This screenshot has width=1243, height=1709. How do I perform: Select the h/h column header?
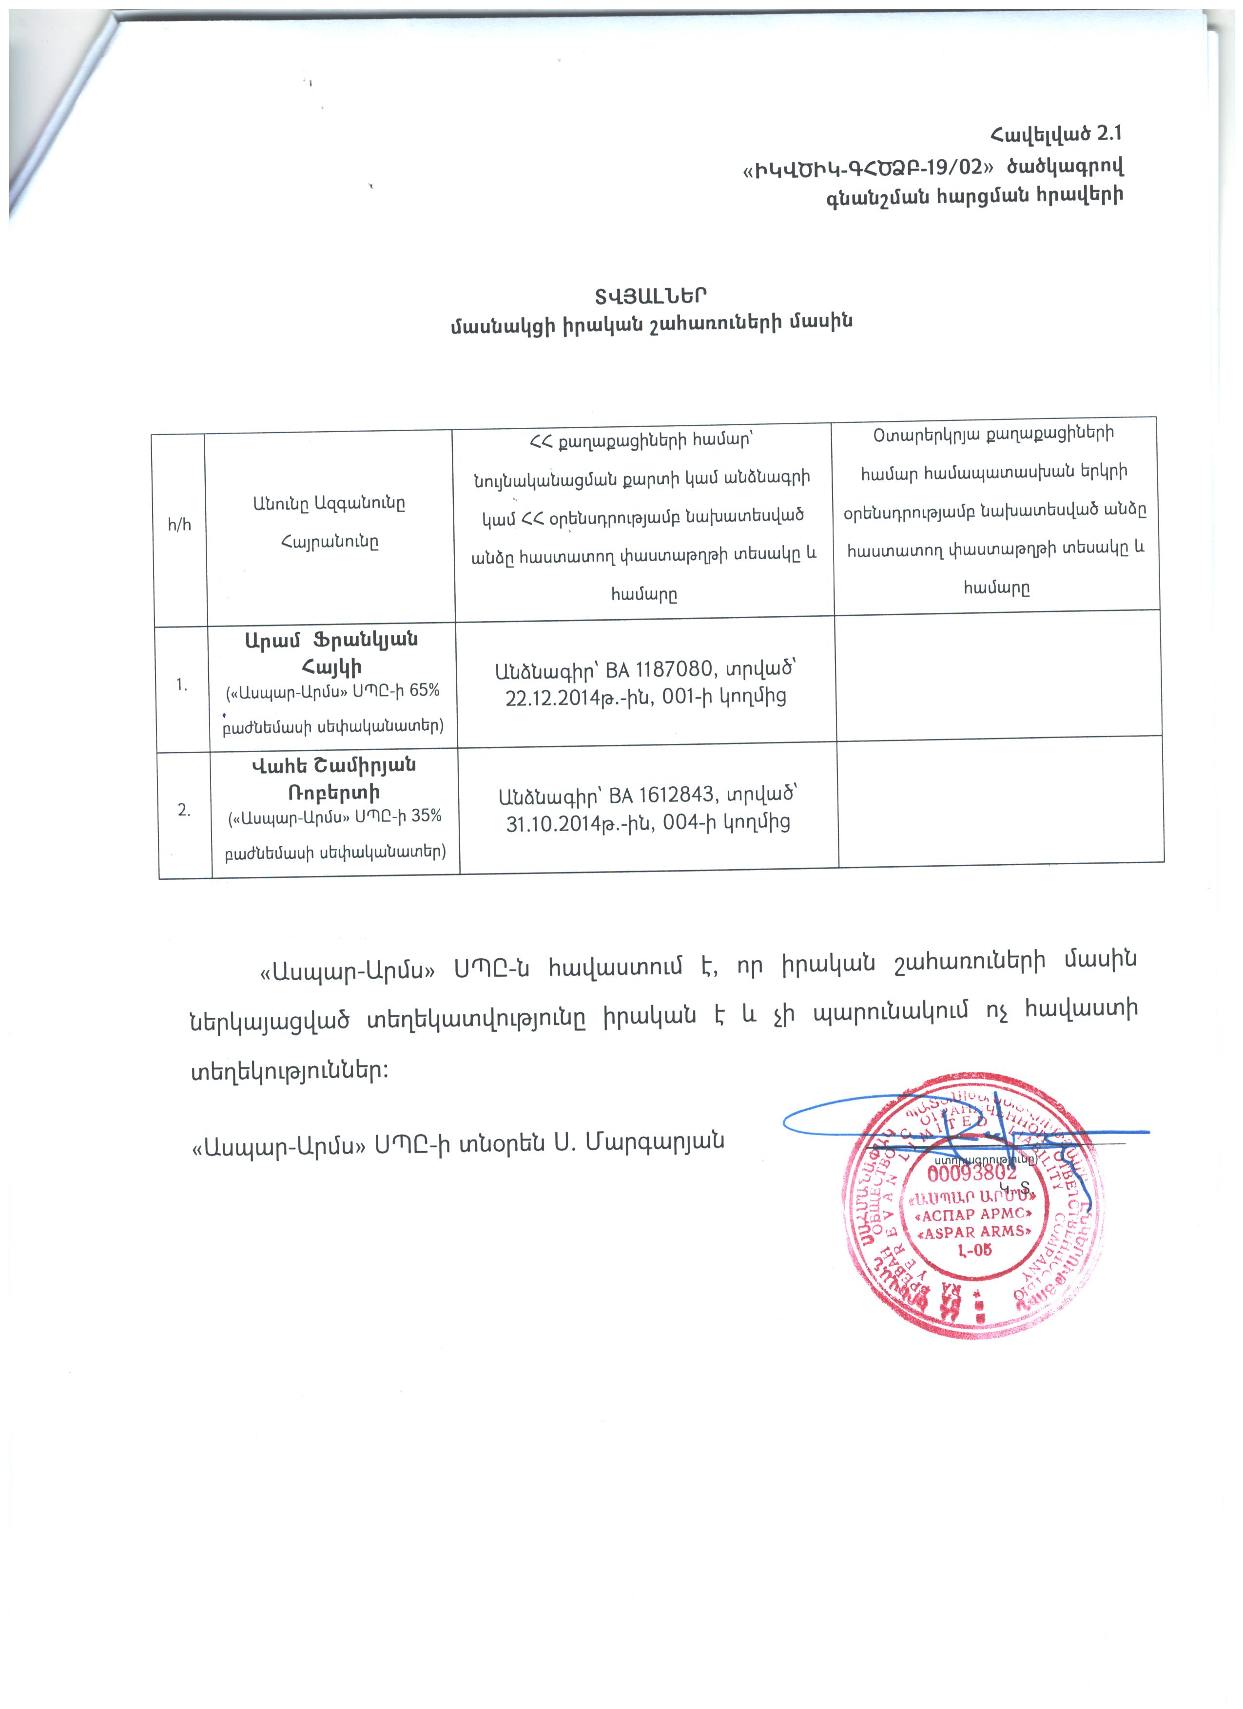(179, 525)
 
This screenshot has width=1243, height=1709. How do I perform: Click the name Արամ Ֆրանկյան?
(331, 640)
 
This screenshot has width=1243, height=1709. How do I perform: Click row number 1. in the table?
(182, 684)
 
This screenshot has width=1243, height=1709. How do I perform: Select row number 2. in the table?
(184, 811)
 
